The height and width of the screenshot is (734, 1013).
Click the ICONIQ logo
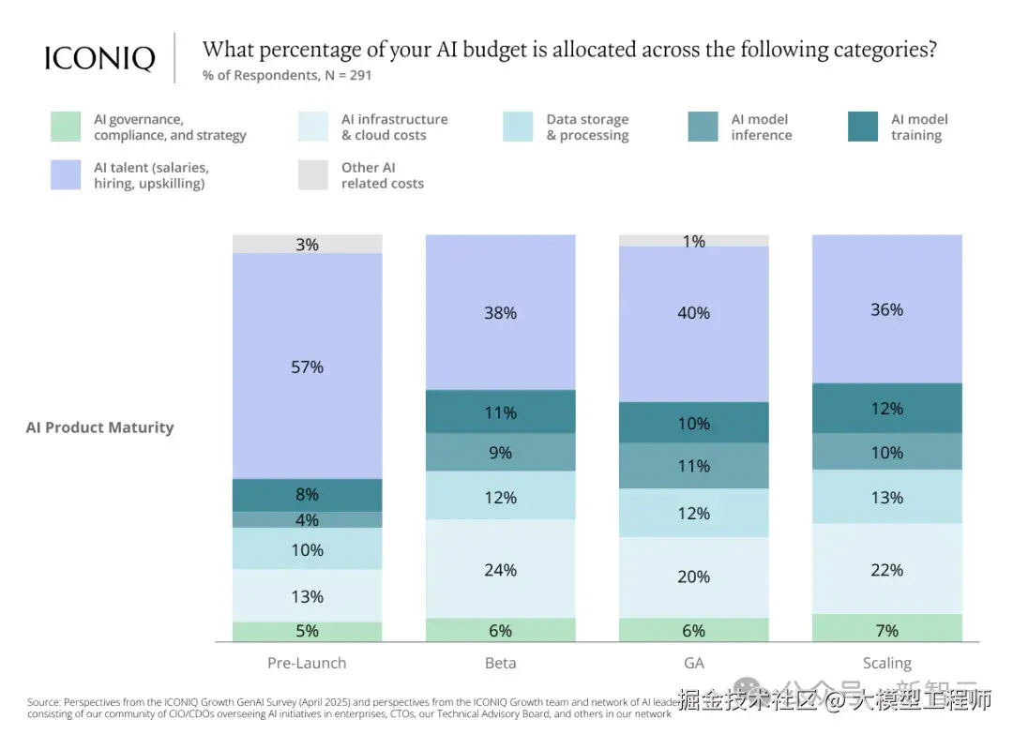click(99, 58)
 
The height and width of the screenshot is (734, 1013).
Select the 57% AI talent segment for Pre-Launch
click(308, 367)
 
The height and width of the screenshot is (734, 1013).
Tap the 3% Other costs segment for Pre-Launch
click(308, 244)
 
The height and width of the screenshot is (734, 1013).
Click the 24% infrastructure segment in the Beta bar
click(501, 569)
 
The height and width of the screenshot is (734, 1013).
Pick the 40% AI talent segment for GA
click(694, 313)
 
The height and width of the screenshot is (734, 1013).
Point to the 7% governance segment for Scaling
click(887, 629)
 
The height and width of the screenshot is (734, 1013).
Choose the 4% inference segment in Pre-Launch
click(308, 519)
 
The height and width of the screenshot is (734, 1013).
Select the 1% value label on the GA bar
click(694, 241)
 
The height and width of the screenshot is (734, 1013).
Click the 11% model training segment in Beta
click(501, 412)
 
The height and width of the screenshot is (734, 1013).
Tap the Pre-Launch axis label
click(308, 663)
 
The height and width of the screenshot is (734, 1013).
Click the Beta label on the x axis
click(501, 663)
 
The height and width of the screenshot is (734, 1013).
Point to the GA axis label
click(694, 663)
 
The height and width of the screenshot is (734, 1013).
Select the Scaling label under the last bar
click(887, 663)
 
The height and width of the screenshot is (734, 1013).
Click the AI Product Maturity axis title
click(100, 427)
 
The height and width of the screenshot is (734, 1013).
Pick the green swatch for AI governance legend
click(66, 127)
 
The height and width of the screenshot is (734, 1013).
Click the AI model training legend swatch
click(863, 127)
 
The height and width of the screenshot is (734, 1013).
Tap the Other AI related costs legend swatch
click(313, 175)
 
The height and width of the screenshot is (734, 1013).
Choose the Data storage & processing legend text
click(587, 127)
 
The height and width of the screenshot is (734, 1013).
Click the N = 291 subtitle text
click(287, 75)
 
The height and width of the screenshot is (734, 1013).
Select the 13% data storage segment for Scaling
click(887, 497)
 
